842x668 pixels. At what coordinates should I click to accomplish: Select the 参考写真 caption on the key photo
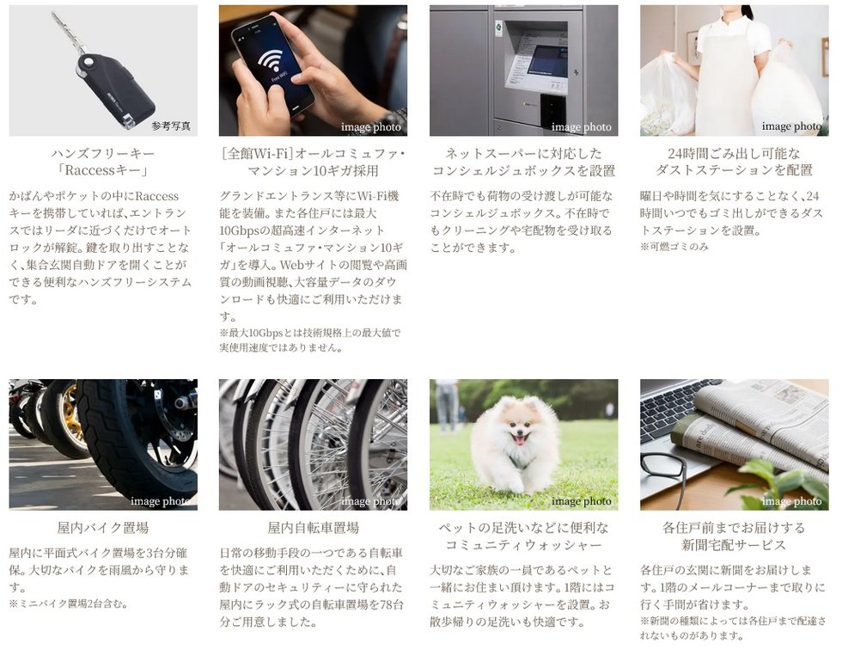click(x=171, y=126)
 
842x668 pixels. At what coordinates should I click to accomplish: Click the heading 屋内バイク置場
click(x=102, y=528)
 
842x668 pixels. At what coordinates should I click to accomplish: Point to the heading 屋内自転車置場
click(x=313, y=528)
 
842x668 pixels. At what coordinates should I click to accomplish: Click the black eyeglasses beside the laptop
click(x=666, y=473)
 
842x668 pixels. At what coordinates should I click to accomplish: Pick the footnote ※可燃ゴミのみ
click(x=674, y=247)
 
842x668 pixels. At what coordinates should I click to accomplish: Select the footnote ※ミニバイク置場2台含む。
click(x=69, y=604)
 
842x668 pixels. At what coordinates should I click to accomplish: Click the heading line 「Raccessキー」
click(x=102, y=171)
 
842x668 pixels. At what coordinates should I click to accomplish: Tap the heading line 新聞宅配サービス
click(x=734, y=545)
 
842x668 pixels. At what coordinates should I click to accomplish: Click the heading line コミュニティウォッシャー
click(x=523, y=545)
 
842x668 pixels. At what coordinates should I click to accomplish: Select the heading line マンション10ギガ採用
click(x=313, y=171)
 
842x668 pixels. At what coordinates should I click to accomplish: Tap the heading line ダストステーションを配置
click(x=734, y=171)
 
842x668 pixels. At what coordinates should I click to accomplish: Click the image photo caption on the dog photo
click(x=581, y=501)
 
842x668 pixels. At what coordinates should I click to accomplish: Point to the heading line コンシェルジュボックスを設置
click(x=523, y=171)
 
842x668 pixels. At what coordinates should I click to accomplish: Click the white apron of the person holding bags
click(x=728, y=81)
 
